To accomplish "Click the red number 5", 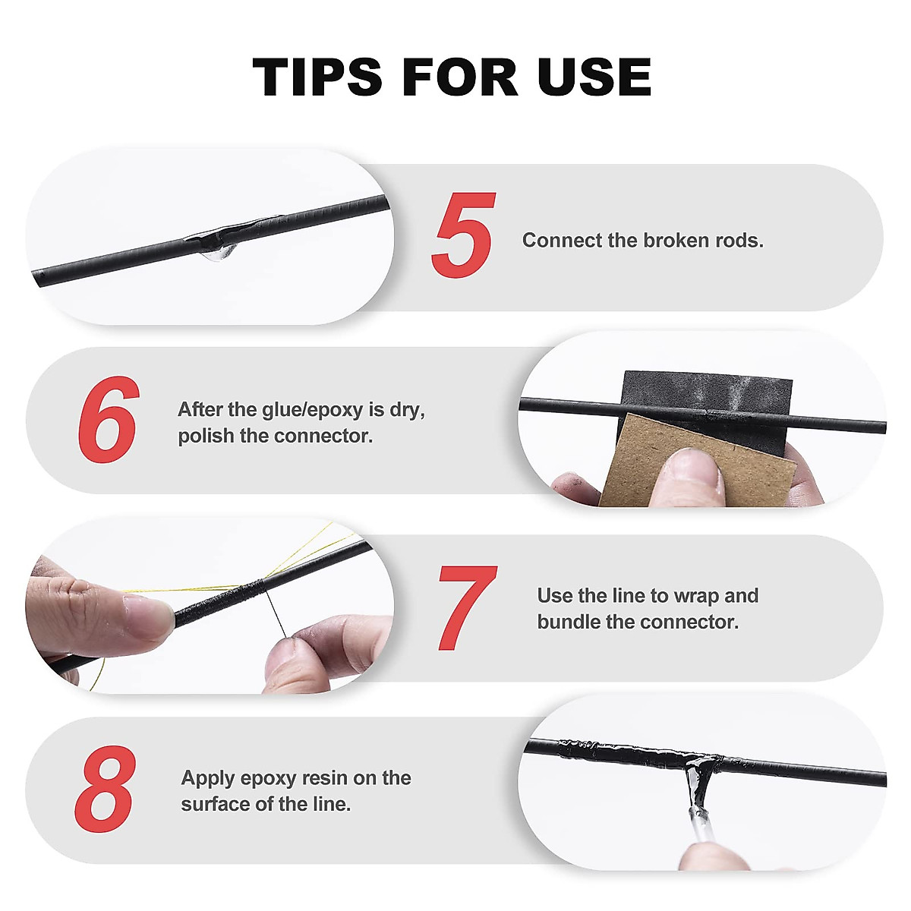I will click(464, 235).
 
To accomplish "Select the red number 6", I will click(109, 418).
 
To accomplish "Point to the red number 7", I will click(466, 607).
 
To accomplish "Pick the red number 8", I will click(106, 790).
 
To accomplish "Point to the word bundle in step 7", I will click(568, 623).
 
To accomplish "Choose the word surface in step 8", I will click(215, 804).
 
